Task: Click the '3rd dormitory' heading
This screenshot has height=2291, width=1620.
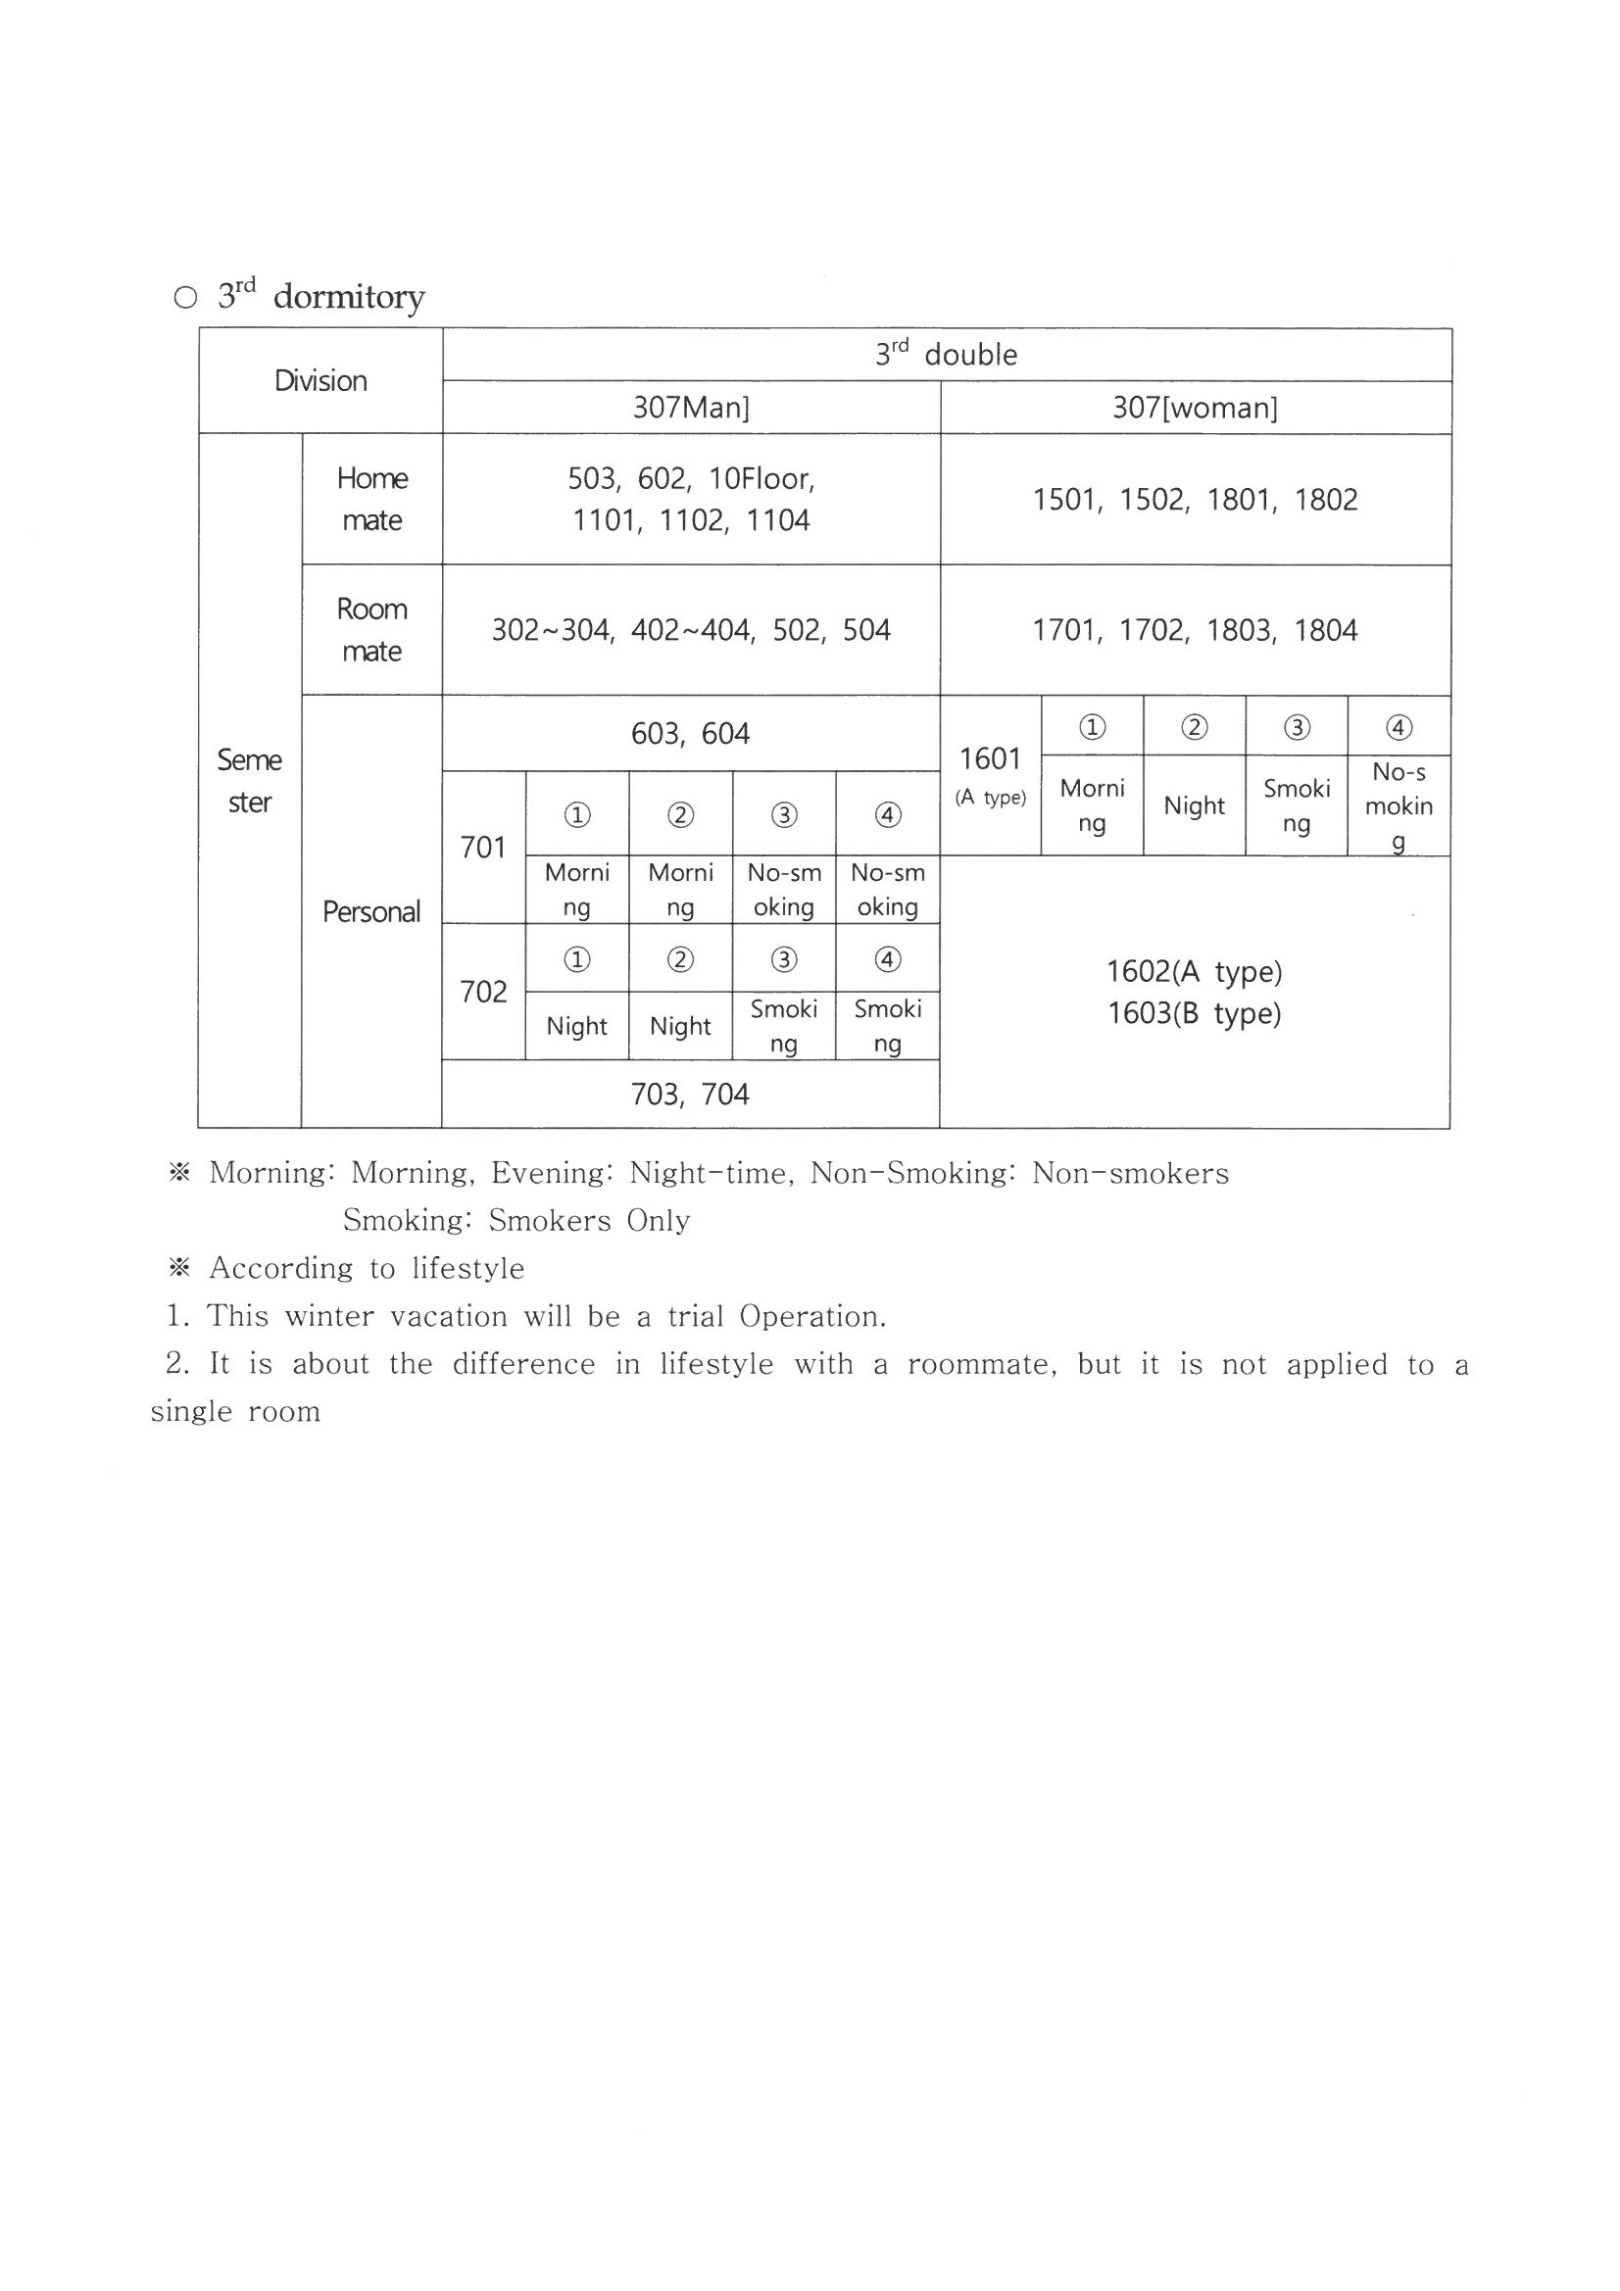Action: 320,296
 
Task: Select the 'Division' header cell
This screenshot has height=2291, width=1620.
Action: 320,380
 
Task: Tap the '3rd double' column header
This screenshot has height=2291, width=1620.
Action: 947,354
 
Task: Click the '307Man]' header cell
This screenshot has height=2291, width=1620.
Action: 691,407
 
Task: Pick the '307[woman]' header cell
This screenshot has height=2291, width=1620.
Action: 1195,407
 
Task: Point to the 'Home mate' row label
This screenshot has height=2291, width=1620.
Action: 372,499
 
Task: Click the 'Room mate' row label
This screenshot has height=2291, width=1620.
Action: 372,630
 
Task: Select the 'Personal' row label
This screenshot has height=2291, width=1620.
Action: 371,911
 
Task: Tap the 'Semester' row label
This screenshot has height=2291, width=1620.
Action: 250,780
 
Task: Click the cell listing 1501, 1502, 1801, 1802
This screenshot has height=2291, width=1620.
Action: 1195,499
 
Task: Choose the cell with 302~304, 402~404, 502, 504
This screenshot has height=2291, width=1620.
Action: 691,630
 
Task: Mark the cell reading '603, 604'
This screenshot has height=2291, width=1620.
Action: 691,733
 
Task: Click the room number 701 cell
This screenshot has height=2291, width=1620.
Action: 483,848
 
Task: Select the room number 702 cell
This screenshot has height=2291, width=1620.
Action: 483,991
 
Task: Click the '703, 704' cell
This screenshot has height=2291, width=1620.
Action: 691,1094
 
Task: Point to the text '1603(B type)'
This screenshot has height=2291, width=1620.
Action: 1194,1013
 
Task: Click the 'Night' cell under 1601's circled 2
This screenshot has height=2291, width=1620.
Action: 1194,805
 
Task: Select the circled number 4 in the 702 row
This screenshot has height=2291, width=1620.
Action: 887,959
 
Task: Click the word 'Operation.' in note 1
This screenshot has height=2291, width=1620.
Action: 812,1316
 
